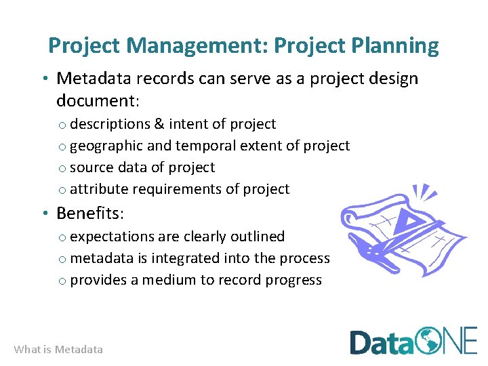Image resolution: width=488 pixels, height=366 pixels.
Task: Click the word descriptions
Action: pyautogui.click(x=110, y=124)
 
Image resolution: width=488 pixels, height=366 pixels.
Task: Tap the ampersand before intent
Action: pyautogui.click(x=159, y=124)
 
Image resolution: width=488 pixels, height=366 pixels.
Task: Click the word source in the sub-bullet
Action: pyautogui.click(x=91, y=167)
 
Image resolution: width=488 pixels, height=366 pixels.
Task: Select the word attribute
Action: pyautogui.click(x=98, y=189)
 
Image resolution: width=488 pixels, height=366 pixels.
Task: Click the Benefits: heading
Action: pyautogui.click(x=90, y=213)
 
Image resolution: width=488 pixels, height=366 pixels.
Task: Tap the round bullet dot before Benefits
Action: pyautogui.click(x=44, y=214)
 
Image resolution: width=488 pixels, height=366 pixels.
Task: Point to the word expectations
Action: pyautogui.click(x=111, y=237)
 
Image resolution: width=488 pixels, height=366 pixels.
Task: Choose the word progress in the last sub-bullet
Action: pyautogui.click(x=294, y=280)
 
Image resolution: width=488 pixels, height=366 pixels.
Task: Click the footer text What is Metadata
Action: pyautogui.click(x=58, y=350)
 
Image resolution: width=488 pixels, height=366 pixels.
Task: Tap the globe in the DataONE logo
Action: pyautogui.click(x=428, y=341)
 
